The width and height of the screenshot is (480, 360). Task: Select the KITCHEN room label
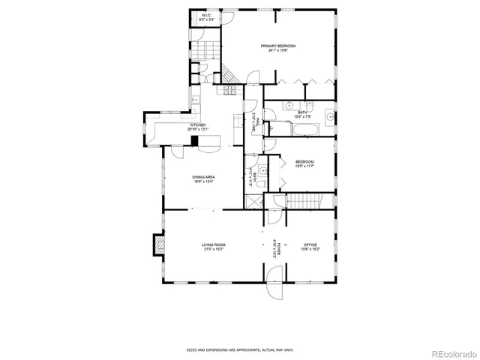[x=196, y=125]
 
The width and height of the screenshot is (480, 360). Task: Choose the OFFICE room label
[x=310, y=244]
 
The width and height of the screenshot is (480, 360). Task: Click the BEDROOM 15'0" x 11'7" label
[x=304, y=162]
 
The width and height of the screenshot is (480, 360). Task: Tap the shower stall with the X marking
[x=253, y=202]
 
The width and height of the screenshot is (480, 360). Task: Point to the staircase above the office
[x=305, y=200]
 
